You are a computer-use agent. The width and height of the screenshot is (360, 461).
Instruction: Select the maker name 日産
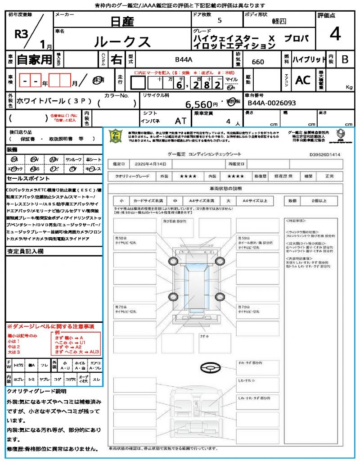122,21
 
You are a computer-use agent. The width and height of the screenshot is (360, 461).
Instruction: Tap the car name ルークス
122,41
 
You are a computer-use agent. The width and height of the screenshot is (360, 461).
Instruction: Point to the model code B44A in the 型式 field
184,59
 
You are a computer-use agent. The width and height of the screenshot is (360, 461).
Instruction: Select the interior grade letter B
345,59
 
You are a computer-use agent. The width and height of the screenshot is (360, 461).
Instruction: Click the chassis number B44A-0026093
272,103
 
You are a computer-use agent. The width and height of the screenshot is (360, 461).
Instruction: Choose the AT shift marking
180,121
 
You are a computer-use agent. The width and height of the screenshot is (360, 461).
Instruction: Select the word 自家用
34,59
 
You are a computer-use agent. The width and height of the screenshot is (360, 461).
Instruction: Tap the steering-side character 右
117,59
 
